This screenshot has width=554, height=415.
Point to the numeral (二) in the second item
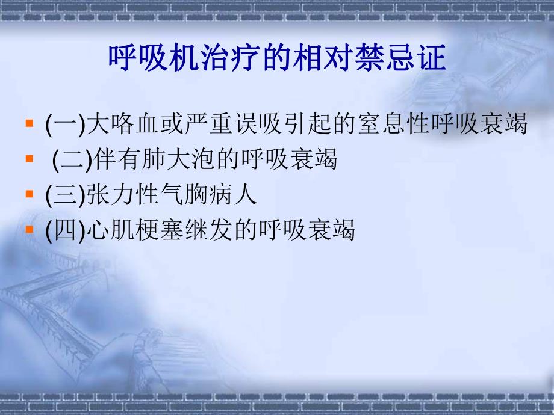pyautogui.click(x=72, y=160)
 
